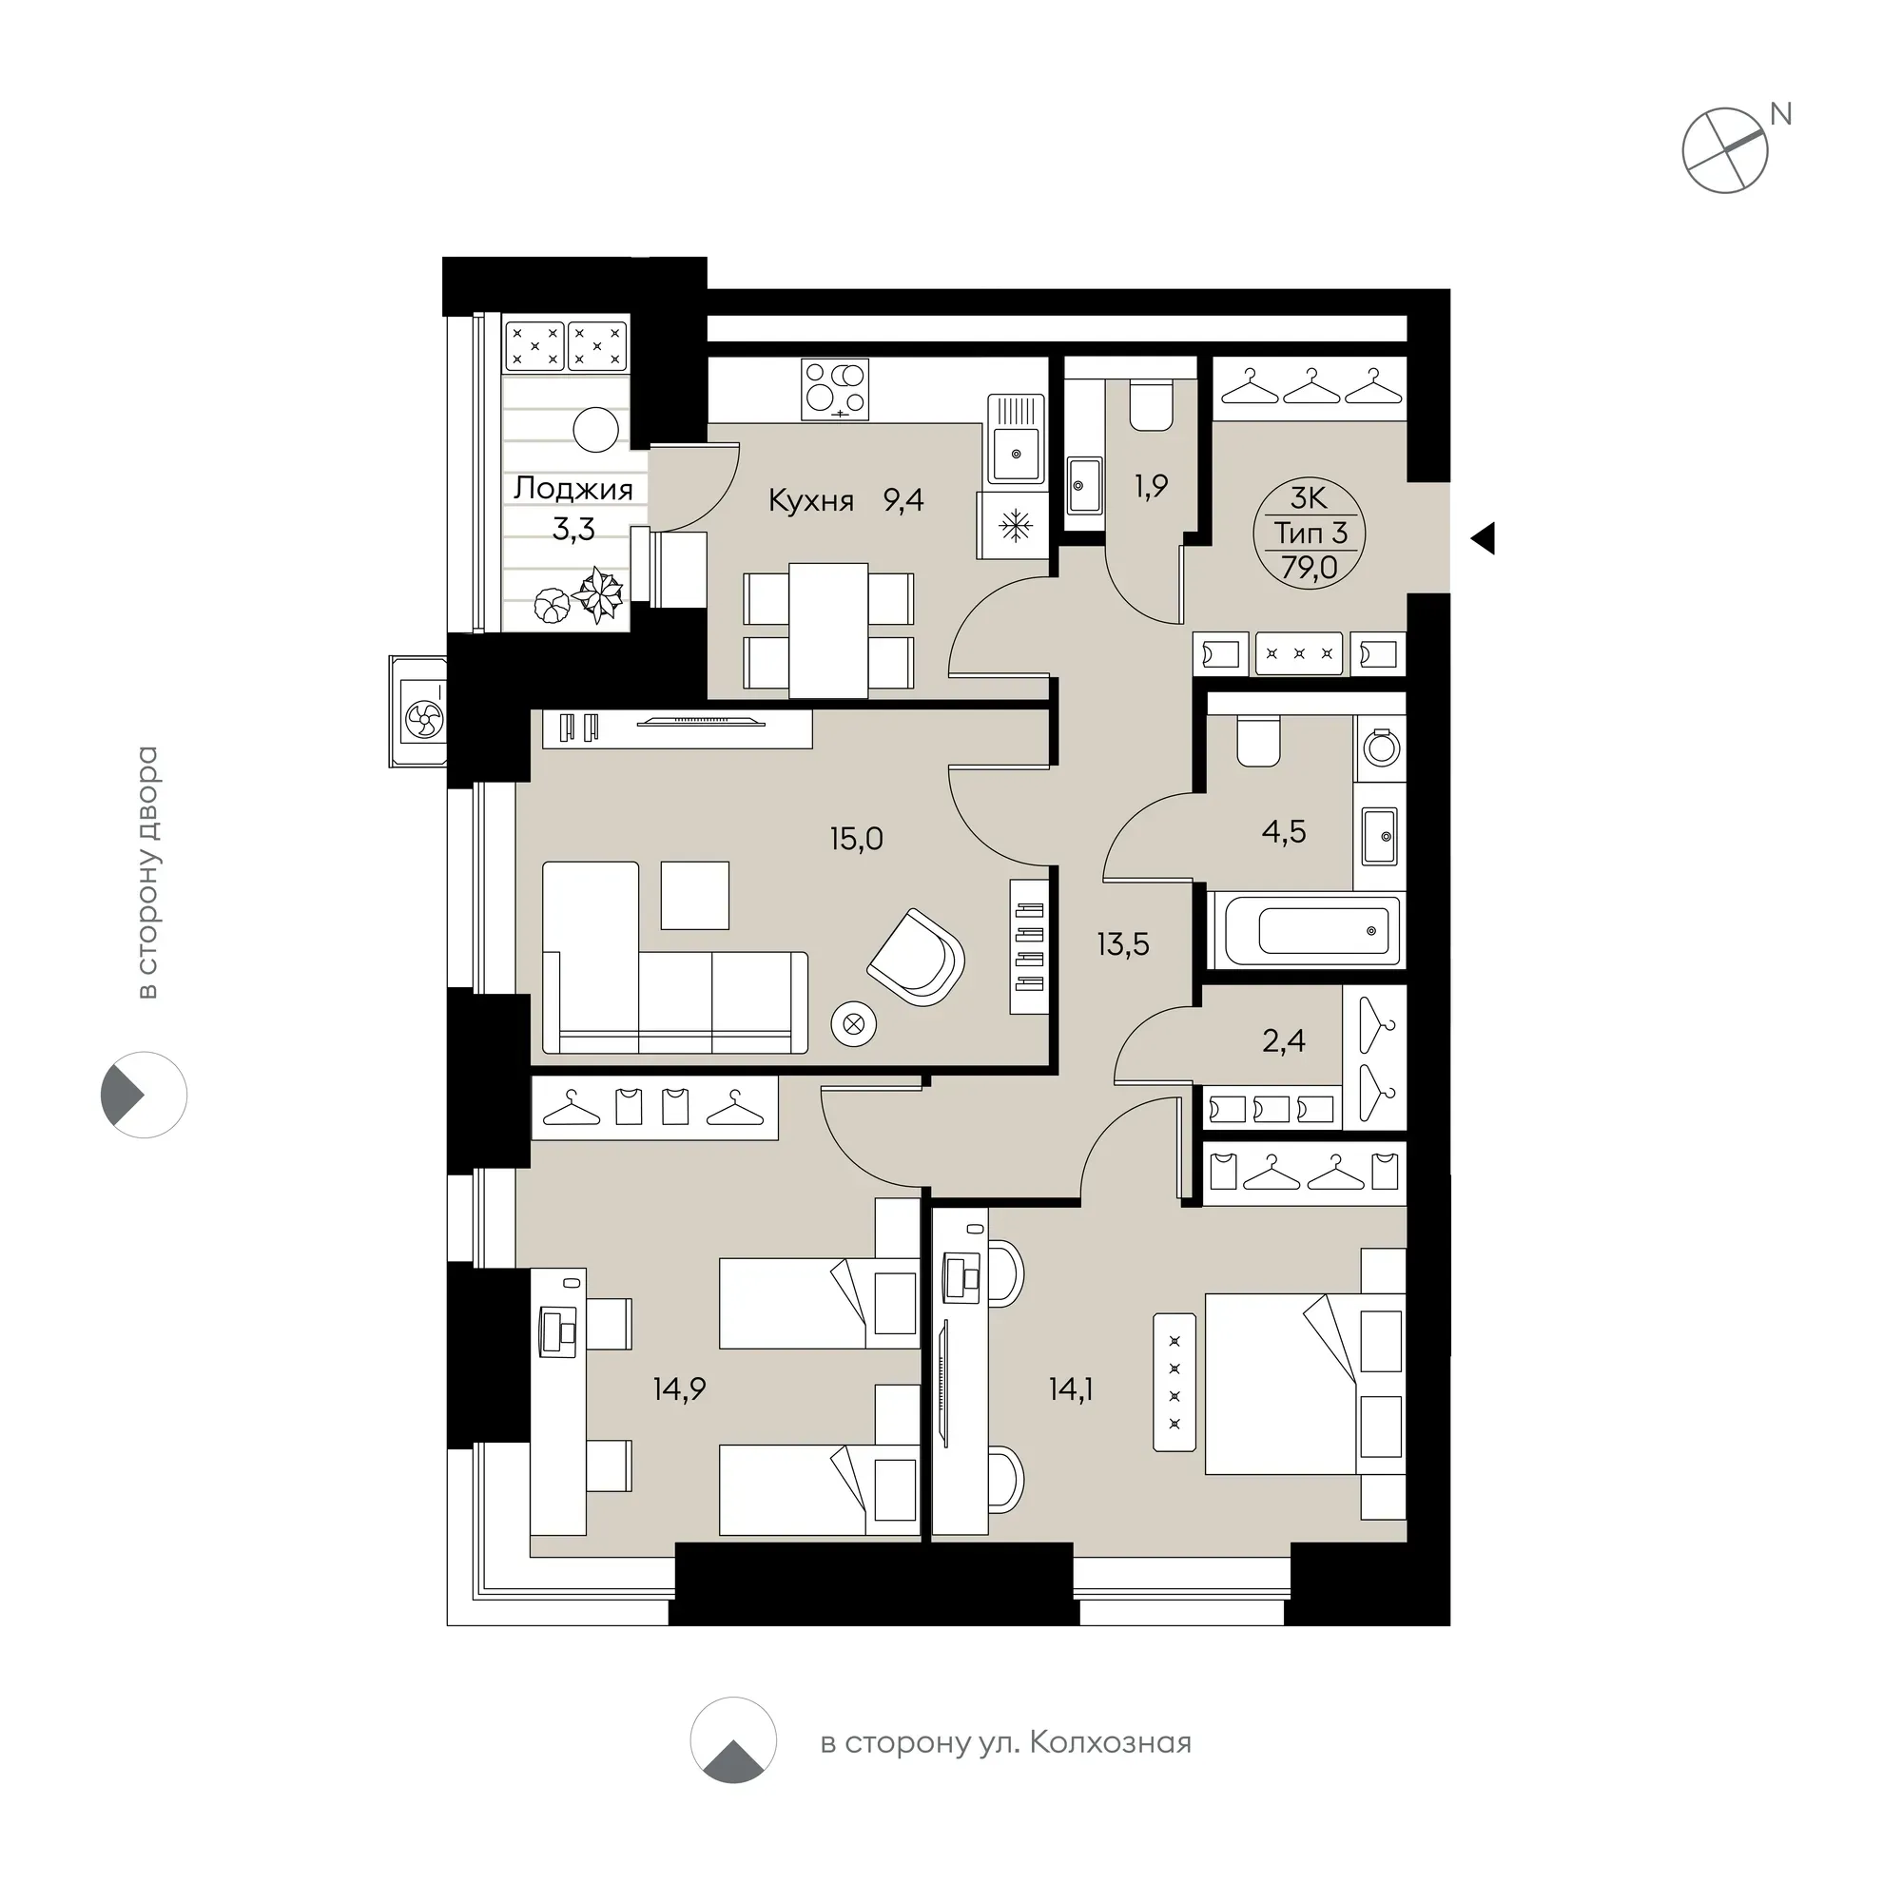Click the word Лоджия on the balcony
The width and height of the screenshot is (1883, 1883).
click(x=573, y=488)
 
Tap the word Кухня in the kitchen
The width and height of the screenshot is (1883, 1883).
click(x=811, y=501)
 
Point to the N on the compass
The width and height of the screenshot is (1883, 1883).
click(x=1780, y=114)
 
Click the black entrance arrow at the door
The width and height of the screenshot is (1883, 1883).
click(x=1484, y=538)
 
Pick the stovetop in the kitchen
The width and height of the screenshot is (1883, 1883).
click(x=835, y=389)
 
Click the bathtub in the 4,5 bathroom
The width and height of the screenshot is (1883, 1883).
click(x=1306, y=930)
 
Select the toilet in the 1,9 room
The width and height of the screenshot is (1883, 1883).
click(x=1151, y=405)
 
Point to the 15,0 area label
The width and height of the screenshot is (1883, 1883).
click(x=857, y=838)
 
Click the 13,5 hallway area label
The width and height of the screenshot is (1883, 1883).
click(x=1123, y=943)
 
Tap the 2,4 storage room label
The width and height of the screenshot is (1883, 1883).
click(x=1284, y=1041)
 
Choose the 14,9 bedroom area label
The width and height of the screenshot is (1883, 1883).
click(x=679, y=1388)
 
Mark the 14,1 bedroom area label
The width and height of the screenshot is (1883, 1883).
click(x=1070, y=1388)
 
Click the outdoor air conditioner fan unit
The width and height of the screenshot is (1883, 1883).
click(x=423, y=719)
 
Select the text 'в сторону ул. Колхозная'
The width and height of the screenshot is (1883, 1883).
click(x=1006, y=1741)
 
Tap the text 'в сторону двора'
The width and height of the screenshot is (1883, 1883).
click(x=147, y=872)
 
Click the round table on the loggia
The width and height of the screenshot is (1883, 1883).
click(x=595, y=429)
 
